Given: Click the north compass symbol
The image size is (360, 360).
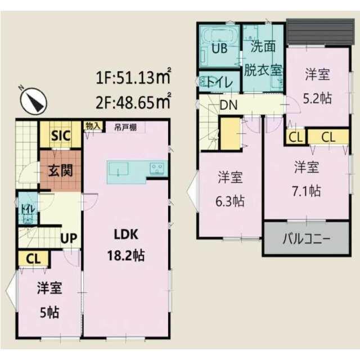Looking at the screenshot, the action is [x=34, y=101].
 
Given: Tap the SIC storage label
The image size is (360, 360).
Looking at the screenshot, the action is [x=61, y=136].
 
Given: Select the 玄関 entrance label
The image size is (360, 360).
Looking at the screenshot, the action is [x=60, y=170].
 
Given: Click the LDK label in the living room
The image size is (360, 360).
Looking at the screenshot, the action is [x=126, y=235].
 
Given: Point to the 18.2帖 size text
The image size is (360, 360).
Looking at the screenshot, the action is [x=126, y=255].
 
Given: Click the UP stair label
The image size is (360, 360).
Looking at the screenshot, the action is [x=69, y=238].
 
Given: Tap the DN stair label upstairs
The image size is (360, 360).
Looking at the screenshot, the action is [x=228, y=105].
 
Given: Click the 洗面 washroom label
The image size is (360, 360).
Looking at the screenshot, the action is [x=263, y=47].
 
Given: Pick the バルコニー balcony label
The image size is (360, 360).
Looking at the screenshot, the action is [x=307, y=238].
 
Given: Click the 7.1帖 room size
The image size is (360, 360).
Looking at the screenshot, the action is [x=307, y=191].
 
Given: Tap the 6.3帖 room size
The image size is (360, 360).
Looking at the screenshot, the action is [x=230, y=201].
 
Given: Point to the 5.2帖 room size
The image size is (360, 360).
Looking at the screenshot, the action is [x=317, y=98].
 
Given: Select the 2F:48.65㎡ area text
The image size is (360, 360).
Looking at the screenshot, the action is [x=133, y=102].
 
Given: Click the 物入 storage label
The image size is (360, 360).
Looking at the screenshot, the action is [x=93, y=126].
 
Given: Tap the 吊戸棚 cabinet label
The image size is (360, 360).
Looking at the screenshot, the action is [x=125, y=127].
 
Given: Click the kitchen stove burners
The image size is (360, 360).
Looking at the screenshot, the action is [x=157, y=168].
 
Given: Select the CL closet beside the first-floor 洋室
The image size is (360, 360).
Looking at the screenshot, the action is [x=33, y=259].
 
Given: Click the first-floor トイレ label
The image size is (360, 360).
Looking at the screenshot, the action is [x=28, y=209].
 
